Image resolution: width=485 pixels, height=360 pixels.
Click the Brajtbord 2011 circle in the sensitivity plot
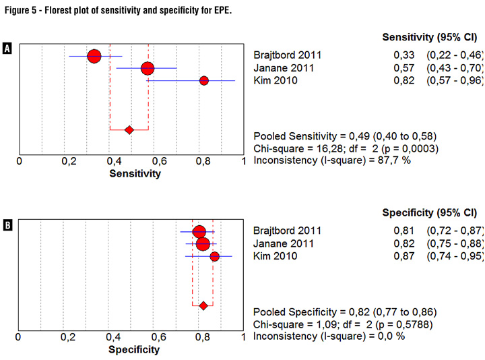[94, 56]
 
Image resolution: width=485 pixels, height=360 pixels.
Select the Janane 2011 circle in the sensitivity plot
[148, 68]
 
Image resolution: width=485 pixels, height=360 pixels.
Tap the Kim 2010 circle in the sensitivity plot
[204, 81]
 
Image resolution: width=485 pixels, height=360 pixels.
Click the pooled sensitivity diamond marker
[129, 129]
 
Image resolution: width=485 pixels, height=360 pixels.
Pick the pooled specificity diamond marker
[203, 305]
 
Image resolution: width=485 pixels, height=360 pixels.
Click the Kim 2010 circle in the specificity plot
[215, 256]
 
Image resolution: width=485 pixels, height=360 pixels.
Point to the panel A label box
[7, 49]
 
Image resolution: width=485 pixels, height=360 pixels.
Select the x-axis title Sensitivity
[135, 174]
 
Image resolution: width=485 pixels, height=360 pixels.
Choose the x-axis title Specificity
[135, 350]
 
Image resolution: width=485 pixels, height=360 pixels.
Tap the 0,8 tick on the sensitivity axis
[201, 162]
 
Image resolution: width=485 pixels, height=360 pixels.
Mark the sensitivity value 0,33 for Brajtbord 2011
[402, 55]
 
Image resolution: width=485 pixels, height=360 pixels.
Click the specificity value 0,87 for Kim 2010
[402, 256]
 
